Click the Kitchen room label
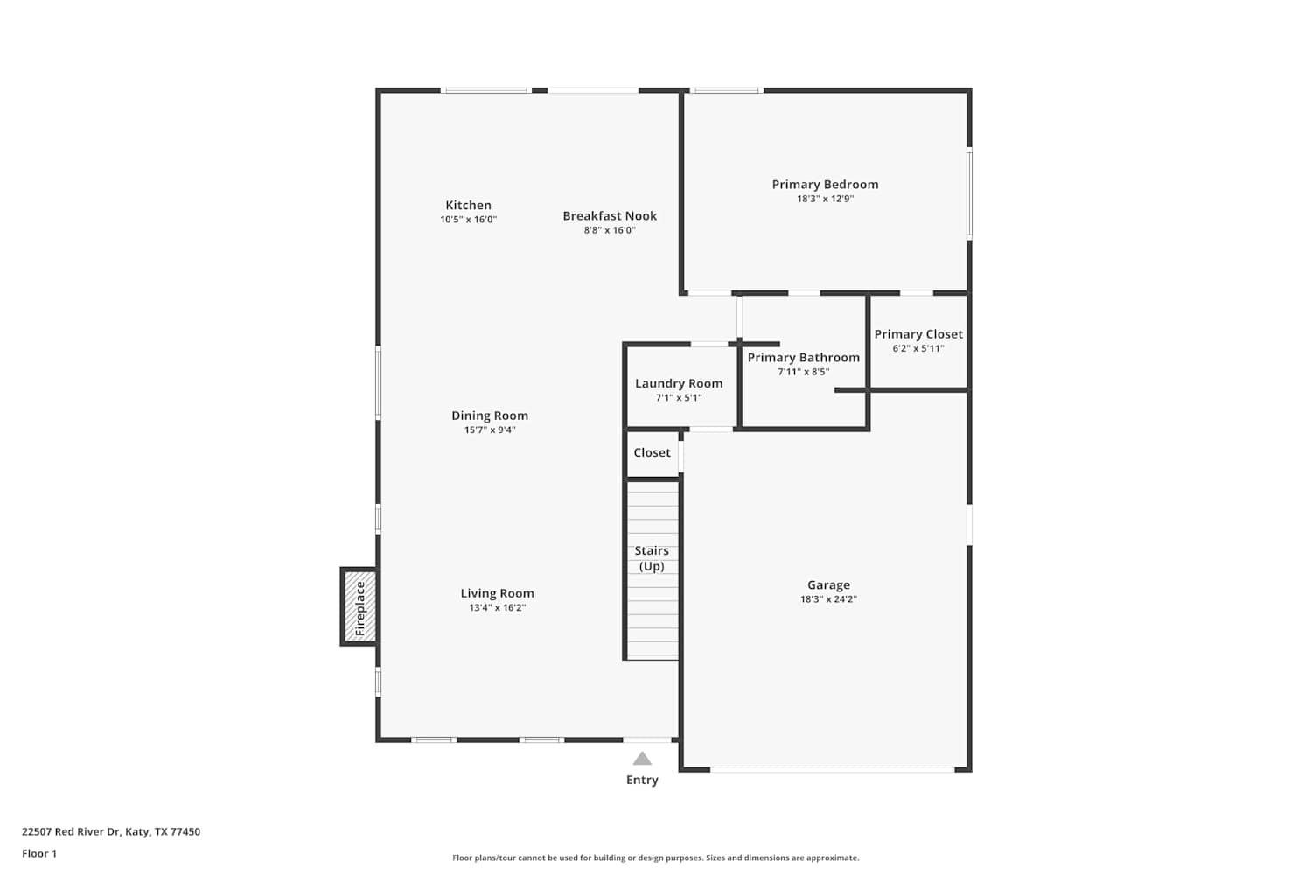point(468,205)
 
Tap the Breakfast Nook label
point(610,215)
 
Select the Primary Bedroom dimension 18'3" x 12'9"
point(825,199)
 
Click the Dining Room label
point(490,416)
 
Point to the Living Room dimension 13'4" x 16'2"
point(497,607)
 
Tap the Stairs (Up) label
point(652,558)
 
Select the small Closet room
point(653,452)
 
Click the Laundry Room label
point(679,383)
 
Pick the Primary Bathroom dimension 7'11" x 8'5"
point(803,372)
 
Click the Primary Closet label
point(918,334)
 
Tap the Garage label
point(828,584)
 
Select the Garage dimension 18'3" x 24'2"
point(828,599)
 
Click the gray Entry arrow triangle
point(642,759)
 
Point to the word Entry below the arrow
point(642,780)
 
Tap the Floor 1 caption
point(39,853)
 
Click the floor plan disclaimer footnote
point(655,857)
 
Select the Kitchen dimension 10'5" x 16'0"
point(468,220)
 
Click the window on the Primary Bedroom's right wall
point(969,192)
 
